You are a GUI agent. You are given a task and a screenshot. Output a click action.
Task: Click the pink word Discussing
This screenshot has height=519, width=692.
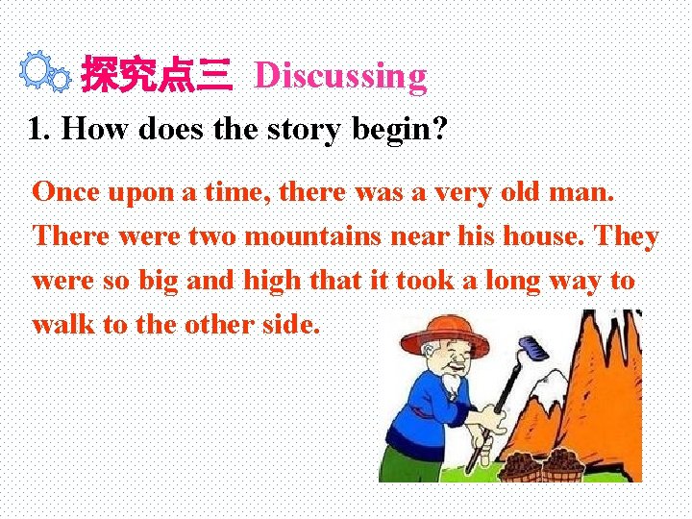tap(340, 75)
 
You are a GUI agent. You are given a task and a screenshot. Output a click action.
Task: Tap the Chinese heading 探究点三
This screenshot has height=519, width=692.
tap(156, 76)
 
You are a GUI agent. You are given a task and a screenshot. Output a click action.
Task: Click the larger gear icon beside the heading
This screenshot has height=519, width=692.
tap(36, 69)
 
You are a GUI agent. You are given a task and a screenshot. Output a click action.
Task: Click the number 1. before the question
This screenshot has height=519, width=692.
tap(38, 129)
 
